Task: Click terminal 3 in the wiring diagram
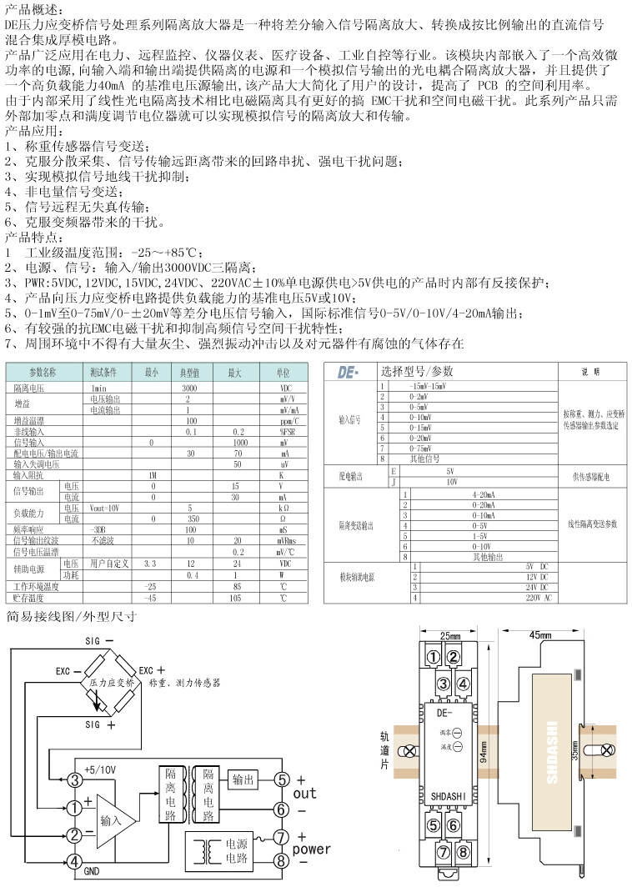(75, 781)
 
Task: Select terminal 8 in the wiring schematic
(282, 859)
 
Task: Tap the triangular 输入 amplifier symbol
(113, 820)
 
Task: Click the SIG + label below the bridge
(100, 725)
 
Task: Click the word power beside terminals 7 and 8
(310, 849)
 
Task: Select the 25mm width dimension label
(449, 635)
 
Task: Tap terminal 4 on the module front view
(464, 685)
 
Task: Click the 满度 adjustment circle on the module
(458, 747)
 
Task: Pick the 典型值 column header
(190, 372)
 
